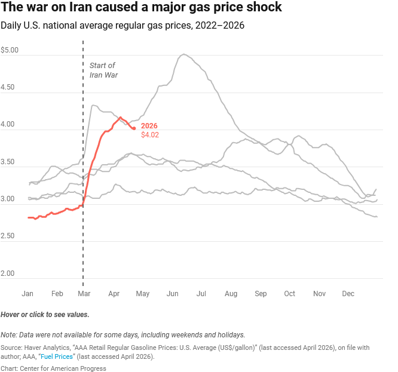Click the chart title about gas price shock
tap(141, 8)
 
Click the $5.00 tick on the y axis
tap(10, 50)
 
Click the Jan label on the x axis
tap(27, 294)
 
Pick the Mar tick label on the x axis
tap(84, 294)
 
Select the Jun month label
tap(173, 294)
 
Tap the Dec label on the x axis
tap(348, 294)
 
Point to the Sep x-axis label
tap(261, 294)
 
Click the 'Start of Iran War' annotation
tap(103, 70)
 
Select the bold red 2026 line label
tap(149, 126)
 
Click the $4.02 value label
tap(149, 135)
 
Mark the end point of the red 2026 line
tap(134, 128)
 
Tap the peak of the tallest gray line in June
tap(183, 54)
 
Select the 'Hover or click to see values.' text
tap(45, 314)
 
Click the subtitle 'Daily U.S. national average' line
tap(123, 26)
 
